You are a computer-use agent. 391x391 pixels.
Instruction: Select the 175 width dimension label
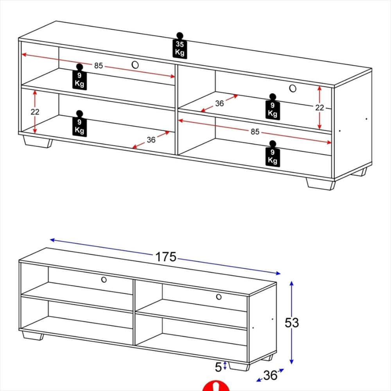(165, 257)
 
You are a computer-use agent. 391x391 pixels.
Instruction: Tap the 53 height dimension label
(292, 323)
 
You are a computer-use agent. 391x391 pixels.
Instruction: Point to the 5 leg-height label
(218, 367)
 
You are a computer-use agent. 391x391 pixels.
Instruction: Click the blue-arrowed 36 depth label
(270, 375)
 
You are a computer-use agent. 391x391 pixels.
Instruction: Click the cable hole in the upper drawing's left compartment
(135, 65)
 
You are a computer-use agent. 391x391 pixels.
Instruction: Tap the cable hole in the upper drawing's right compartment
(293, 88)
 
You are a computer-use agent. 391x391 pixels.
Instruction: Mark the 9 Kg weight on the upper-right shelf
(273, 107)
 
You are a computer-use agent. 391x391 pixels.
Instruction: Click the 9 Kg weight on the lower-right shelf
(273, 154)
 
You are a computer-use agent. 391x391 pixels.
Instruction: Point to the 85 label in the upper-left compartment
(99, 66)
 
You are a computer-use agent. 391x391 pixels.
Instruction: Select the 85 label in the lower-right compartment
(255, 132)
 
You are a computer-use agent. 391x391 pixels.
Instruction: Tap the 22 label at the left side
(35, 112)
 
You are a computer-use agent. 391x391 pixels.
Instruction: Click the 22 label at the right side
(319, 108)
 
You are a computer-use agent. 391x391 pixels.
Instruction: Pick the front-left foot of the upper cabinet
(38, 142)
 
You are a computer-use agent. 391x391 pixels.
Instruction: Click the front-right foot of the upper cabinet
(321, 184)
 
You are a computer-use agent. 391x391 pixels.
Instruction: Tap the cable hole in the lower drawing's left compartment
(104, 280)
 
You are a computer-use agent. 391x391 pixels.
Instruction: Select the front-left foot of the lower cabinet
(33, 335)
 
